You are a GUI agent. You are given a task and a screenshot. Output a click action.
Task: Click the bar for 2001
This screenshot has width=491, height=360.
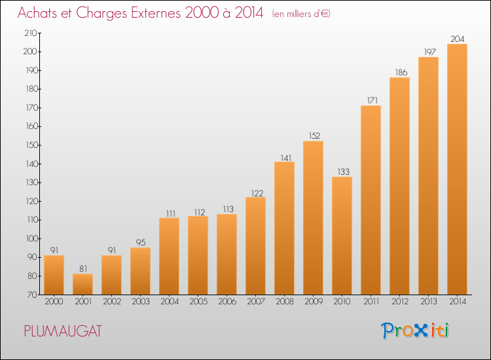click(x=82, y=284)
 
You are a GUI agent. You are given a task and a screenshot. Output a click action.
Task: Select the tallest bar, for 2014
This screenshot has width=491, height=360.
click(x=457, y=169)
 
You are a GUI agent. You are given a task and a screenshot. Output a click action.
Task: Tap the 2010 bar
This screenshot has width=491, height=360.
click(x=342, y=236)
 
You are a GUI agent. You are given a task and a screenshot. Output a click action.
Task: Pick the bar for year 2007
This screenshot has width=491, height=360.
click(x=255, y=245)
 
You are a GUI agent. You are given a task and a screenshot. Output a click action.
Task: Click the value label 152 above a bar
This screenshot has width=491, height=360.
click(x=314, y=135)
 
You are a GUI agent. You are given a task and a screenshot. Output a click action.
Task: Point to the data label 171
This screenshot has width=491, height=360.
click(x=373, y=100)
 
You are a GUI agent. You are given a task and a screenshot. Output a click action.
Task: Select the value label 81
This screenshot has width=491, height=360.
click(x=83, y=268)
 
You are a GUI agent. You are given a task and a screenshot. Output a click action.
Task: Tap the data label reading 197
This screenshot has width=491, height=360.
click(x=430, y=52)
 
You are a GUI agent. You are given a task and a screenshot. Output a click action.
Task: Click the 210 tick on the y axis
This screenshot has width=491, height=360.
click(x=31, y=33)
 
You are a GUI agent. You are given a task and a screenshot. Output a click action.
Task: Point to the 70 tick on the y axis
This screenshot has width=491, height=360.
click(x=32, y=295)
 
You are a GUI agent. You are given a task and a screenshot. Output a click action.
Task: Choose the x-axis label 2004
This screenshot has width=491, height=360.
click(x=170, y=301)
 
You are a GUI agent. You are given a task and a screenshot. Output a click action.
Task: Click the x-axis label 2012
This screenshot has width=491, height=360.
click(x=400, y=301)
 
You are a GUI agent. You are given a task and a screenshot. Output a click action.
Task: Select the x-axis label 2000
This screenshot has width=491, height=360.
click(x=54, y=301)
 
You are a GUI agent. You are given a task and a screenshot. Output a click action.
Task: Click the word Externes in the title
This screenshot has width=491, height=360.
click(x=156, y=12)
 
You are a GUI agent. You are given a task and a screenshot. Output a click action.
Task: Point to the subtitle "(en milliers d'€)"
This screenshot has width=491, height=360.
click(x=301, y=14)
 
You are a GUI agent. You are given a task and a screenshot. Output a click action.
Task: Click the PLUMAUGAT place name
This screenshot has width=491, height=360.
click(x=63, y=331)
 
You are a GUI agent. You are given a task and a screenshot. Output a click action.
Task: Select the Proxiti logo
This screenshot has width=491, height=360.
click(x=415, y=331)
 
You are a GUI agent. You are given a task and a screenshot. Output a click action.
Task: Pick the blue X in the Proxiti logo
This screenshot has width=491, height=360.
click(x=421, y=331)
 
